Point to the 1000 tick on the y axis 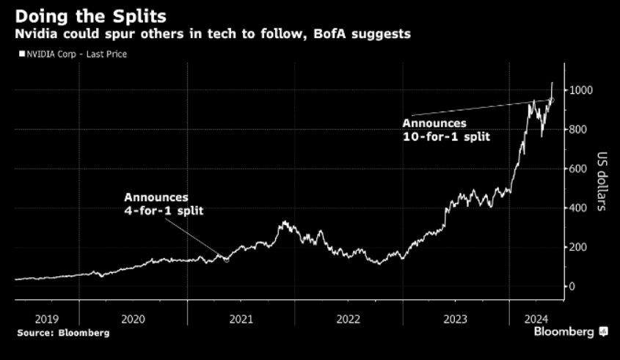pos(582,90)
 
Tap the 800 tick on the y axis pos(579,130)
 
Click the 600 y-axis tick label pos(579,169)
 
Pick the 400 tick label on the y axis pos(579,208)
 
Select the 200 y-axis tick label pos(579,247)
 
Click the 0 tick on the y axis pos(573,287)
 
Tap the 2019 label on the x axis pos(46,319)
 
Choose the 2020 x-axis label pos(133,319)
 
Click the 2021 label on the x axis pos(241,319)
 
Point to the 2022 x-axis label pos(349,319)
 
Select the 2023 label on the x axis pos(456,319)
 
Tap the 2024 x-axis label pos(536,319)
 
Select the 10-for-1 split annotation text pos(445,131)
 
